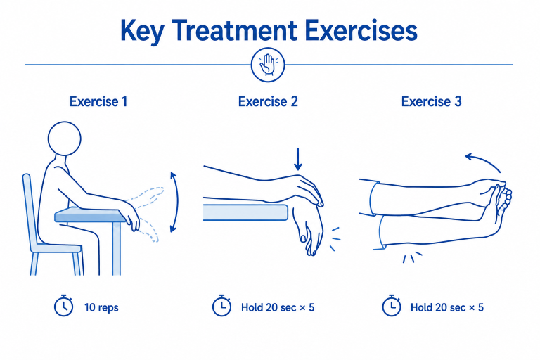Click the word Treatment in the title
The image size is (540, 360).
tap(234, 30)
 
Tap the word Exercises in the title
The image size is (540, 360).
tap(361, 30)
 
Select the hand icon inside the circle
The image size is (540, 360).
tap(268, 65)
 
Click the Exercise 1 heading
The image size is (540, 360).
tap(98, 102)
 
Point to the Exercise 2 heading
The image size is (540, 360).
tap(268, 102)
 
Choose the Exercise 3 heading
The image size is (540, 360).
tap(431, 102)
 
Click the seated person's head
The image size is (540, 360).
tap(65, 139)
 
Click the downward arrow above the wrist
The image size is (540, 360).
tap(298, 159)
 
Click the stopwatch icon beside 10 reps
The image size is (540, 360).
tap(64, 306)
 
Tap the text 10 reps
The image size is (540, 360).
tap(101, 307)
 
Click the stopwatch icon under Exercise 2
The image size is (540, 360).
tap(221, 306)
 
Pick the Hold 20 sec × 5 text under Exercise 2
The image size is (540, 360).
tap(278, 307)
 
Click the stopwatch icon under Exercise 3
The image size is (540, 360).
tap(392, 306)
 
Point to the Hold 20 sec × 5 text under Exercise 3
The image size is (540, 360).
tap(447, 307)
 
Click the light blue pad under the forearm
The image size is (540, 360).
tap(245, 212)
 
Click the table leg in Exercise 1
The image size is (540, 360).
tap(117, 248)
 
